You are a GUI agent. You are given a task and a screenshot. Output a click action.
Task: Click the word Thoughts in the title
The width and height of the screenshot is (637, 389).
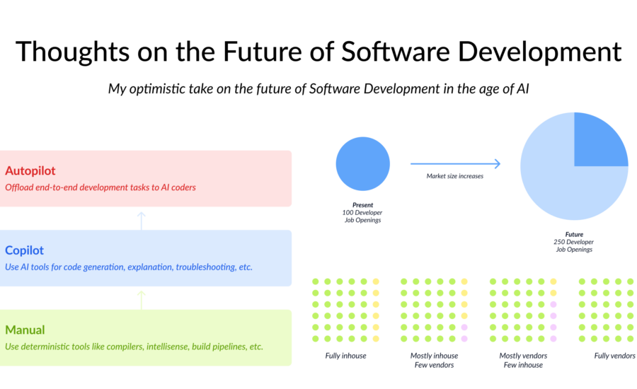pyautogui.click(x=72, y=52)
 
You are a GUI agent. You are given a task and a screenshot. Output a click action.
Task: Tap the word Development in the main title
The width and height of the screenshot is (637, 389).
pyautogui.click(x=539, y=52)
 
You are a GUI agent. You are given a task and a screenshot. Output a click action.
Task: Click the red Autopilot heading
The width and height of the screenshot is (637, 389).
pyautogui.click(x=30, y=170)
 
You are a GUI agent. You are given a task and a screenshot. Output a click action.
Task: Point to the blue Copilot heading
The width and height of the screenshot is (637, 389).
pyautogui.click(x=24, y=250)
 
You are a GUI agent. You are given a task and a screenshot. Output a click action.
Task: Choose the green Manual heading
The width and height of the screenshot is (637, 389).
pyautogui.click(x=25, y=330)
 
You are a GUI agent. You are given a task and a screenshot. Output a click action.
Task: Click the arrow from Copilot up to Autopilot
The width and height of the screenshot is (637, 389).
pyautogui.click(x=142, y=221)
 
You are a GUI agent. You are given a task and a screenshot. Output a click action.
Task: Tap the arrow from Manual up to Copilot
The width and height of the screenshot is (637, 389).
pyautogui.click(x=142, y=300)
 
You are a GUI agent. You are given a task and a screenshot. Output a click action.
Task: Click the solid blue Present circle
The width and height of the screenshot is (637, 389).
pyautogui.click(x=363, y=163)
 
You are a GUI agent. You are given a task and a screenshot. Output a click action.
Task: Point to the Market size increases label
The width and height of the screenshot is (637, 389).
pyautogui.click(x=454, y=176)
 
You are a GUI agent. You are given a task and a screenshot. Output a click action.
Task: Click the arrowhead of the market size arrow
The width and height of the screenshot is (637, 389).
pyautogui.click(x=498, y=163)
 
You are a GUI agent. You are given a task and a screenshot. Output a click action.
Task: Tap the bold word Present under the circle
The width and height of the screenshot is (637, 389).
pyautogui.click(x=363, y=205)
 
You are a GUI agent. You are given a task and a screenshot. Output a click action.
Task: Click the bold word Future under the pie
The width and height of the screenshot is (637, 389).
pyautogui.click(x=574, y=234)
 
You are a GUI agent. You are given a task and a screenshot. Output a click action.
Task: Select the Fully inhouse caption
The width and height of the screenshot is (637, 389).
pyautogui.click(x=345, y=356)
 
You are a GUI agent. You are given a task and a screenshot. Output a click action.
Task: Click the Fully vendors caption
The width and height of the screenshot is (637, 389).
pyautogui.click(x=614, y=356)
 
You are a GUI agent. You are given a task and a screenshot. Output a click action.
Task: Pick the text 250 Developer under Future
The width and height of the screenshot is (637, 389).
pyautogui.click(x=573, y=242)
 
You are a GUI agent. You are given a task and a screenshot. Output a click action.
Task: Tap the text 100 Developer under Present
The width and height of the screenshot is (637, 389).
pyautogui.click(x=362, y=213)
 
